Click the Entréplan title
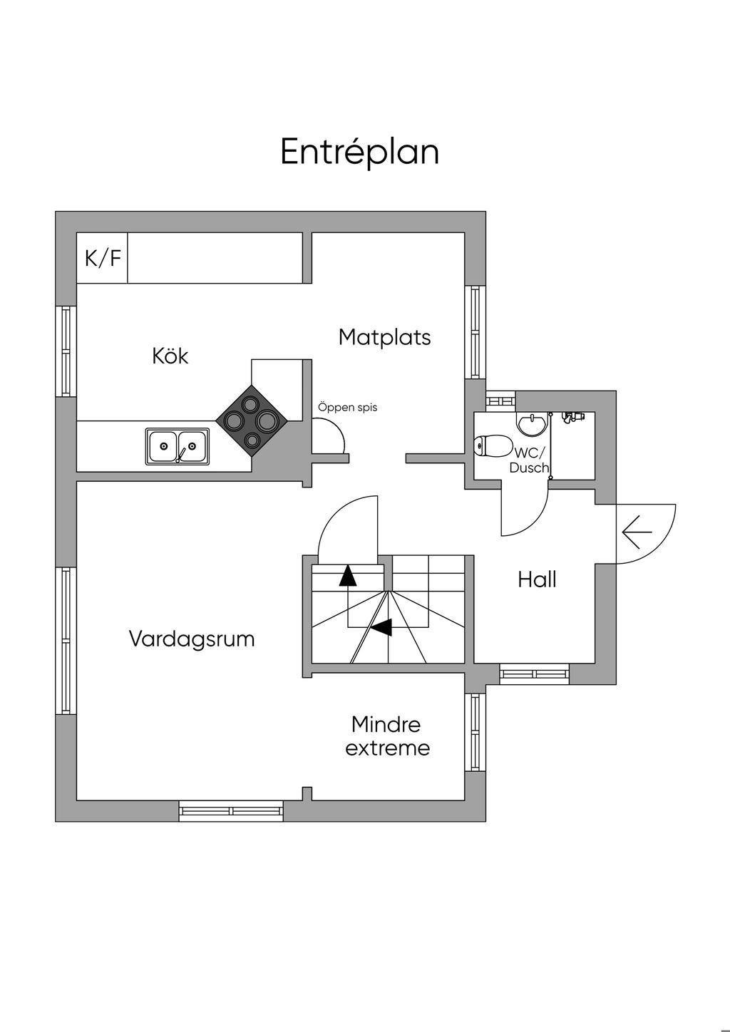360,152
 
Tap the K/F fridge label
103,258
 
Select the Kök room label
170,356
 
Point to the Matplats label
385,337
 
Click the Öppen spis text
347,407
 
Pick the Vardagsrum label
192,639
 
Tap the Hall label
537,579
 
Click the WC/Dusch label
529,460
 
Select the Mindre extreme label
387,736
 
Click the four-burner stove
252,420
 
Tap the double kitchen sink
178,446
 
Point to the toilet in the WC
493,446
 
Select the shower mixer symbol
572,418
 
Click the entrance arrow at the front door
637,532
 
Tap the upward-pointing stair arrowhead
348,577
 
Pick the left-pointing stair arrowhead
381,627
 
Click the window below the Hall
535,674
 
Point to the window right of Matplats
475,331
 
